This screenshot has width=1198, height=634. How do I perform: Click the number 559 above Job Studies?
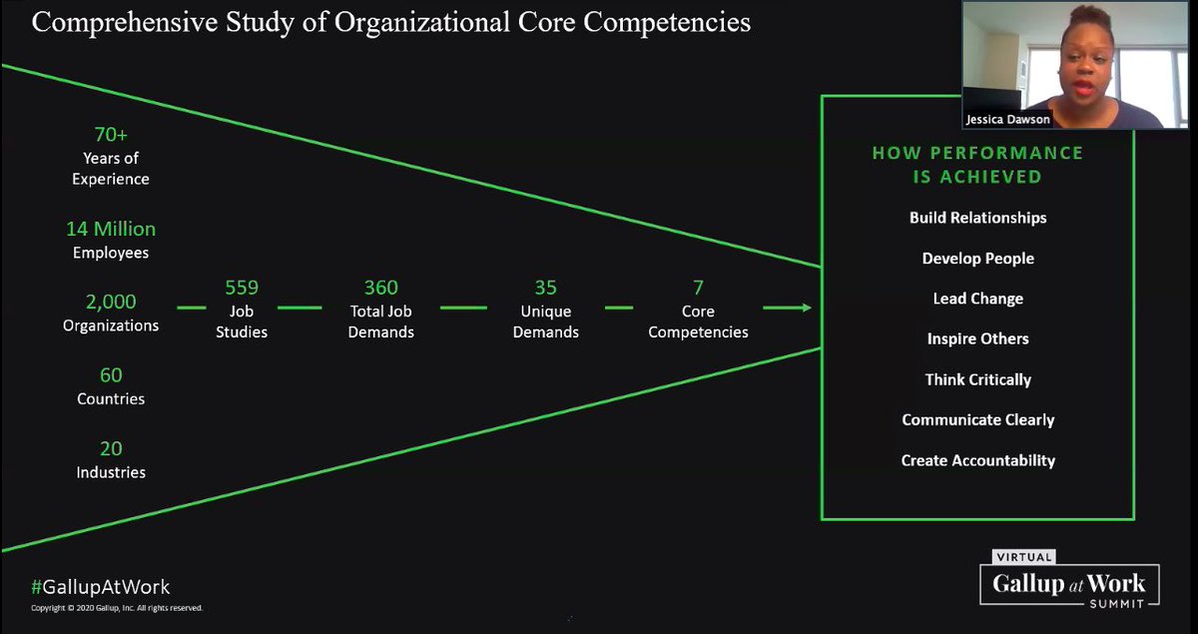242,289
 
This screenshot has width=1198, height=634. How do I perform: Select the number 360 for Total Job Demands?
380,289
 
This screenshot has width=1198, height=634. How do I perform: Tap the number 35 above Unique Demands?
545,289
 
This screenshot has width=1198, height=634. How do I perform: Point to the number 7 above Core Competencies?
698,289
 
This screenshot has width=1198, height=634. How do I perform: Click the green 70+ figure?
111,134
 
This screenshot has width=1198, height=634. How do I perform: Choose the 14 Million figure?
111,229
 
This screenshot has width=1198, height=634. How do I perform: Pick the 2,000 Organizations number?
111,302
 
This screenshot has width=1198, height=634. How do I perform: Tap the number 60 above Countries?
111,375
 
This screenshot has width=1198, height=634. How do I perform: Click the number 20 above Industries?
111,448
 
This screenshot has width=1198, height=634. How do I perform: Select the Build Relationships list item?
977,218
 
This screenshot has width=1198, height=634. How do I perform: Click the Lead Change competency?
977,299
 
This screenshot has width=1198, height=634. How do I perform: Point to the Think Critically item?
977,379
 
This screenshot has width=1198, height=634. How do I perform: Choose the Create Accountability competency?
977,460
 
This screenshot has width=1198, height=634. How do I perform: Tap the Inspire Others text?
977,339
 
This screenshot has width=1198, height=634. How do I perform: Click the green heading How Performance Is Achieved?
977,165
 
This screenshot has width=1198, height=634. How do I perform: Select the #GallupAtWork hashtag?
100,587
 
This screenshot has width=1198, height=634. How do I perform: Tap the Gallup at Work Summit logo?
1069,582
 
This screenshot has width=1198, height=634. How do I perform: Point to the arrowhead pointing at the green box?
804,308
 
